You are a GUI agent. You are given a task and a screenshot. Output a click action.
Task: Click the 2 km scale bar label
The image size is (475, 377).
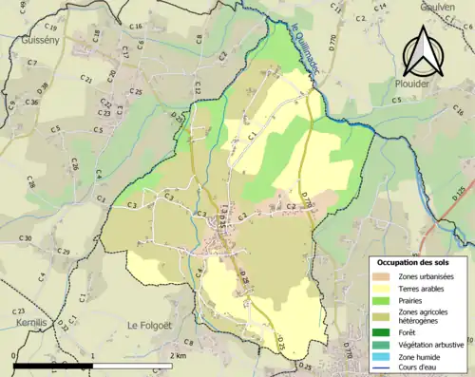176,355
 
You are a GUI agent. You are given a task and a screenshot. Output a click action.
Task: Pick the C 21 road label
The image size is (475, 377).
87,81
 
